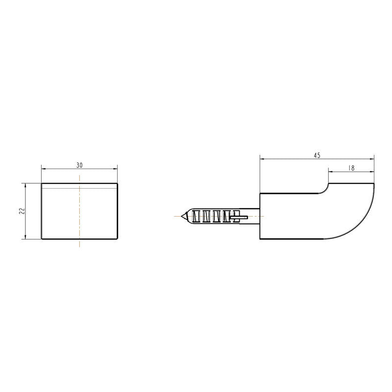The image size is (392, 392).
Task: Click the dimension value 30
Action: coord(79,165)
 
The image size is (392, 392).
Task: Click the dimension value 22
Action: coord(21,211)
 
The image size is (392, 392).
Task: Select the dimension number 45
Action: coord(317,155)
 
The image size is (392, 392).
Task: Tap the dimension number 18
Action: coord(351,168)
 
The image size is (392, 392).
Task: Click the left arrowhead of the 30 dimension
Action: coord(43,169)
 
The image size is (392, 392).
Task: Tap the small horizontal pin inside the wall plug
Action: coord(240,216)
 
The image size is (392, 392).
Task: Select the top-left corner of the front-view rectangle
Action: coord(41,183)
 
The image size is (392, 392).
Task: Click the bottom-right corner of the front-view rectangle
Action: coord(118,239)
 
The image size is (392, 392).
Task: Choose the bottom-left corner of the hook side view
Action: coord(260,239)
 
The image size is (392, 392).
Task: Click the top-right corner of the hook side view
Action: coord(374,183)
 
